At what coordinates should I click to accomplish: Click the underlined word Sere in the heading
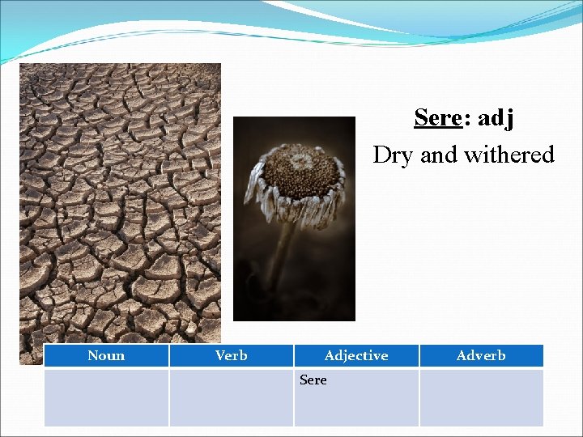coord(437,118)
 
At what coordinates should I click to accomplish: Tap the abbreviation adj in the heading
coord(496,119)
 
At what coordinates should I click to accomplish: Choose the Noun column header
coord(106,355)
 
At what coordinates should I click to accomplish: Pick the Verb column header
coord(232,355)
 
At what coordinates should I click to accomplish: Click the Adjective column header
coord(355,355)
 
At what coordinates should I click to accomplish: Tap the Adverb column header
coord(481,355)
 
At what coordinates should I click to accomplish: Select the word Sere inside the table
coord(313,380)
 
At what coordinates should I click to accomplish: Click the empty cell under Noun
coord(106,397)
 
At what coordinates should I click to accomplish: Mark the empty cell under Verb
coord(232,397)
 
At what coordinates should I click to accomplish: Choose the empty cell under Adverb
coord(481,397)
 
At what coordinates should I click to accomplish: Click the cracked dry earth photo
coord(120,202)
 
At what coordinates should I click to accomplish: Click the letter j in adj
coord(509,120)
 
